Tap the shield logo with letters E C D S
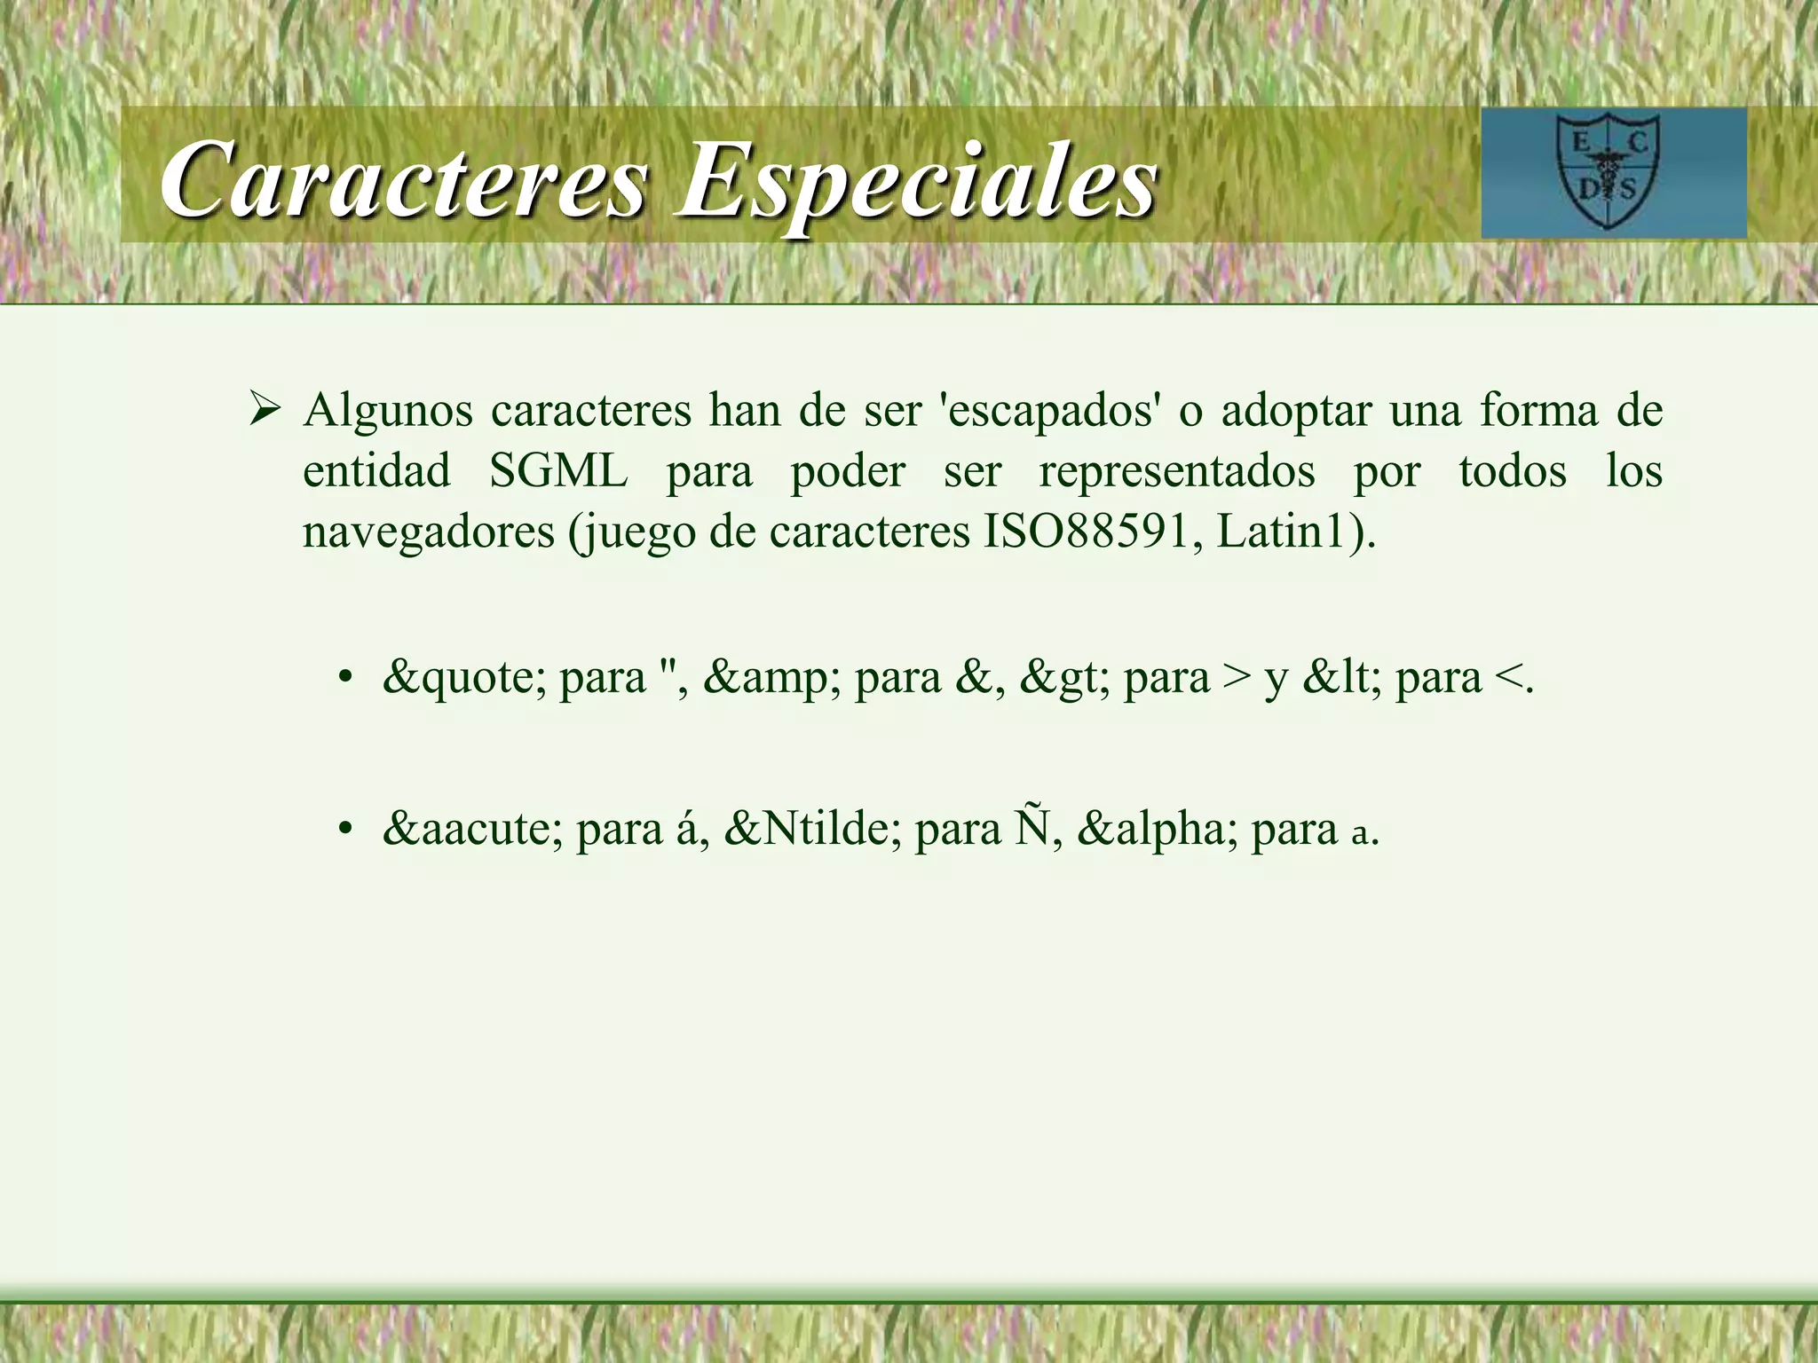point(1608,174)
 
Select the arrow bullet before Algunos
point(265,410)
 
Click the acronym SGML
point(558,471)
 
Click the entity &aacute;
point(472,830)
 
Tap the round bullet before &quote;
point(345,680)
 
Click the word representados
point(1177,471)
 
